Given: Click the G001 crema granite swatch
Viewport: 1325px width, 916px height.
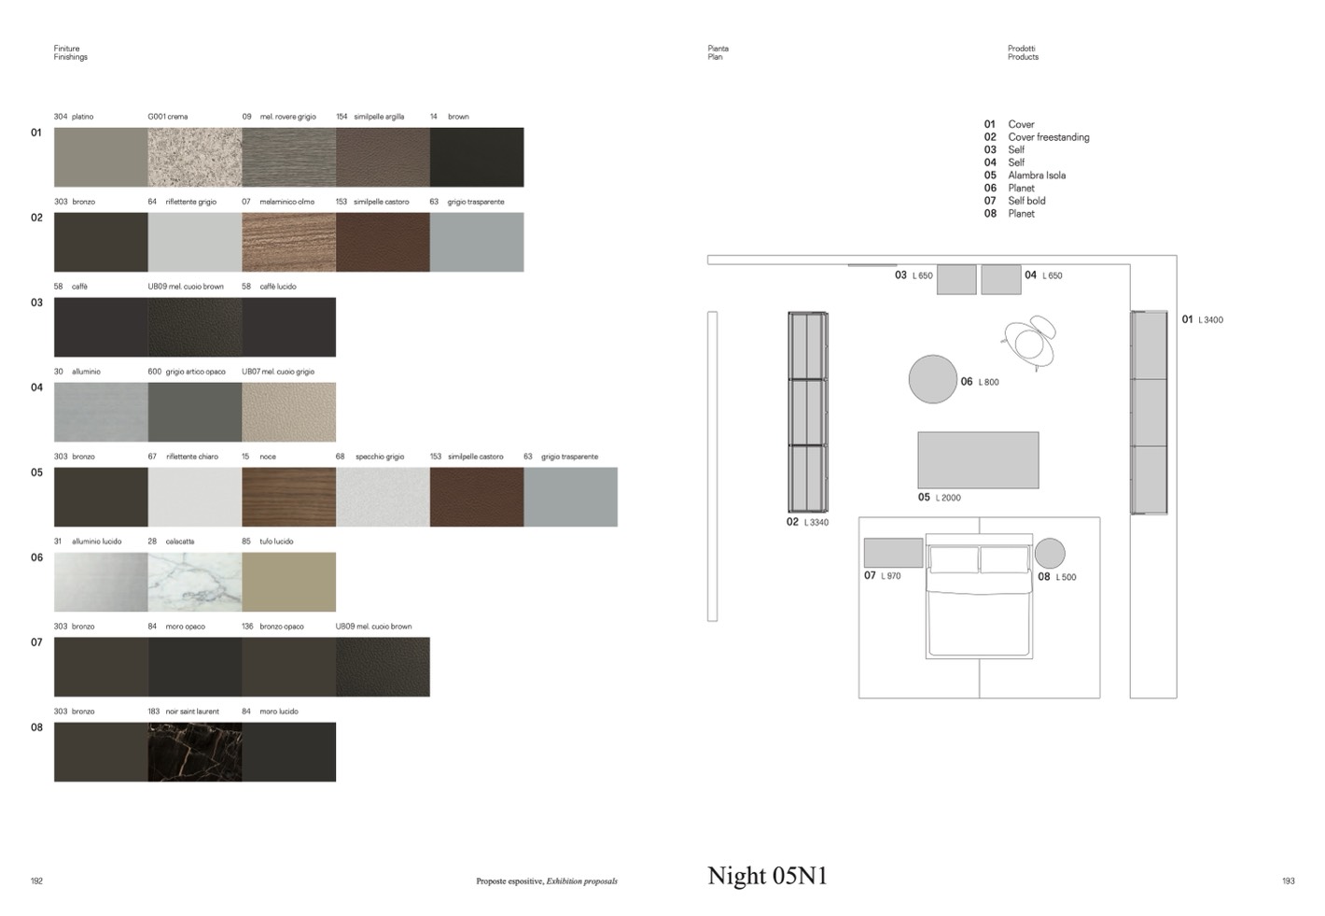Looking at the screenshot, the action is coord(195,157).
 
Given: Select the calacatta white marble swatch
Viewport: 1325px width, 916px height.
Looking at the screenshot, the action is coord(195,582).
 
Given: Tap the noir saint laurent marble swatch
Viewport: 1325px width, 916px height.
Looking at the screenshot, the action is coord(195,752).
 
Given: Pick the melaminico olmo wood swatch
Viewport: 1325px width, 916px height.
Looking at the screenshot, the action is coord(288,242).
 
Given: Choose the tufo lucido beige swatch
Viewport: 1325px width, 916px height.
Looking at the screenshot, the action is coord(288,582).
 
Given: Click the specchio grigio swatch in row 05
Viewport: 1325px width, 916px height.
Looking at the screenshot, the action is coord(383,497).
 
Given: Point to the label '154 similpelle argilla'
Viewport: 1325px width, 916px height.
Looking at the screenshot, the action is coord(370,117).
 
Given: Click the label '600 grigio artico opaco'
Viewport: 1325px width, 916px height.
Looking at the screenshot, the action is coord(187,372).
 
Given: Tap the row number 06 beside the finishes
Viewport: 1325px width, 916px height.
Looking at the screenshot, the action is coord(36,557).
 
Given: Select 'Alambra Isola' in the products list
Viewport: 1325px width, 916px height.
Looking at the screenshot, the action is coord(1037,176).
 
